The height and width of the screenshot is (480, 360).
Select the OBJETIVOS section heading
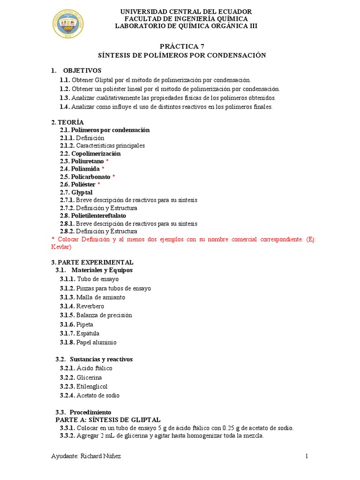coord(82,70)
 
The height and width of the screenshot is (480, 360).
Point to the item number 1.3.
coord(65,97)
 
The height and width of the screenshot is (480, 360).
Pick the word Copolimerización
coord(96,153)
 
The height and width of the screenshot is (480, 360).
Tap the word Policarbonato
coord(90,177)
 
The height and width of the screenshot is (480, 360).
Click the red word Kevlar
coord(60,247)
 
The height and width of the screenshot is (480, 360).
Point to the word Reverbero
coord(90,306)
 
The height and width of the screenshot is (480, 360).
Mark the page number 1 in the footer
coord(307,457)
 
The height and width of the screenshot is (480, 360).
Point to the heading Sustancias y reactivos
coord(101,359)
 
